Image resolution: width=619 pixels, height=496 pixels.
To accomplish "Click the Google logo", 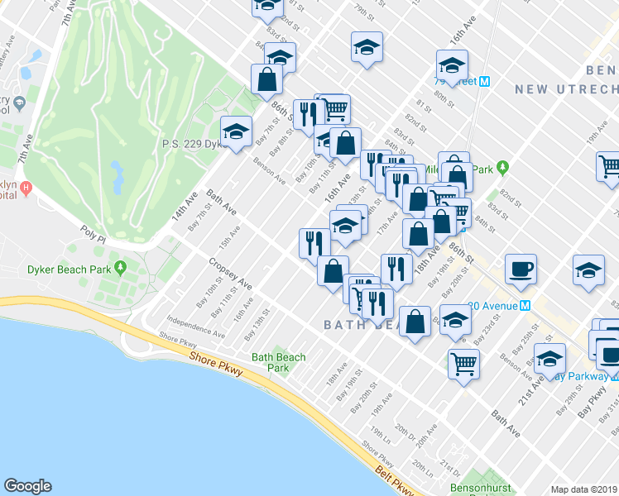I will click(x=28, y=486).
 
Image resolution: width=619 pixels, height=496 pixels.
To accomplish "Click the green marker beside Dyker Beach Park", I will click(x=121, y=268).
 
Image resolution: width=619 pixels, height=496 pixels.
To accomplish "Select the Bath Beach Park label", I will click(x=279, y=363).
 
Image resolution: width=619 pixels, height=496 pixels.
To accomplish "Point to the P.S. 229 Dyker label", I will click(x=190, y=143).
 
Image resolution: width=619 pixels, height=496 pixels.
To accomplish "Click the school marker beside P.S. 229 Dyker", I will click(x=236, y=131).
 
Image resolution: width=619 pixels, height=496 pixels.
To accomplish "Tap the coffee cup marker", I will click(x=521, y=269).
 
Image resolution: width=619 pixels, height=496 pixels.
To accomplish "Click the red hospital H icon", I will click(x=26, y=188).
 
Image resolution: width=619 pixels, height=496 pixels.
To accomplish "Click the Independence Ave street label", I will click(x=195, y=327).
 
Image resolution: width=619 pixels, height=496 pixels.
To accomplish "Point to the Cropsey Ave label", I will click(x=230, y=274).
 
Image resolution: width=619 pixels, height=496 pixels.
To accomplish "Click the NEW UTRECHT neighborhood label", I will click(x=566, y=88).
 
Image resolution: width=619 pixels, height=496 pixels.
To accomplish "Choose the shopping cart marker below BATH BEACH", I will click(x=464, y=363).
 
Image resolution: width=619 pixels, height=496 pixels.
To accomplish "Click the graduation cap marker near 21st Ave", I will click(x=549, y=359).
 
